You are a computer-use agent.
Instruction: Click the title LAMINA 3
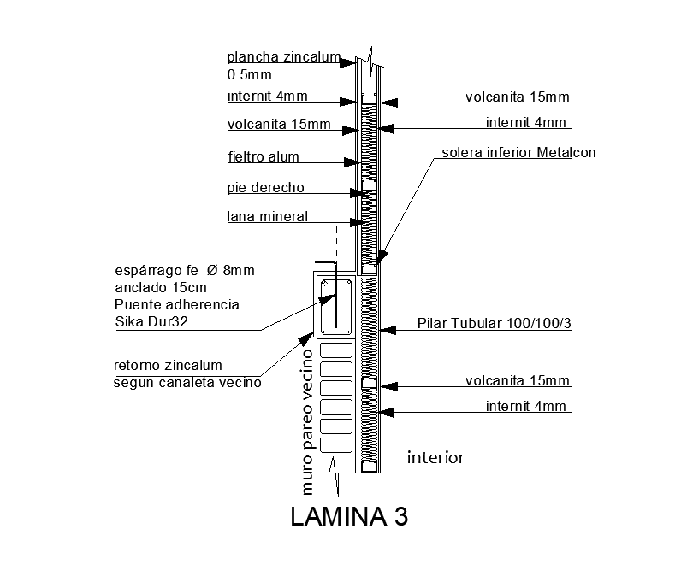[x=348, y=518]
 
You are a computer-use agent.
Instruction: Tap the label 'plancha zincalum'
[x=283, y=57]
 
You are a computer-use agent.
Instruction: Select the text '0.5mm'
[x=244, y=75]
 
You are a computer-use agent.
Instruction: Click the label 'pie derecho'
[x=265, y=187]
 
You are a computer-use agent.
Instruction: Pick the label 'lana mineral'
[x=267, y=216]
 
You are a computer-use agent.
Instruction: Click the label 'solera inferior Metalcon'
[x=518, y=153]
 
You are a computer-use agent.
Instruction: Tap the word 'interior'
[x=435, y=458]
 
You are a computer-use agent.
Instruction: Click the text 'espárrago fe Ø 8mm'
[x=184, y=270]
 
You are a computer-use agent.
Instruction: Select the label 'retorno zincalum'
[x=168, y=366]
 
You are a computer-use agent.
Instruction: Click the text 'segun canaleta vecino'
[x=187, y=382]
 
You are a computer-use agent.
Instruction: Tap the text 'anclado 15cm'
[x=160, y=287]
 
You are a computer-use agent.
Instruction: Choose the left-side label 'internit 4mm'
[x=267, y=96]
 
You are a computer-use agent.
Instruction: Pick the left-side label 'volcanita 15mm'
[x=278, y=125]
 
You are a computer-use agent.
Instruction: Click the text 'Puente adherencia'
[x=176, y=305]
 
